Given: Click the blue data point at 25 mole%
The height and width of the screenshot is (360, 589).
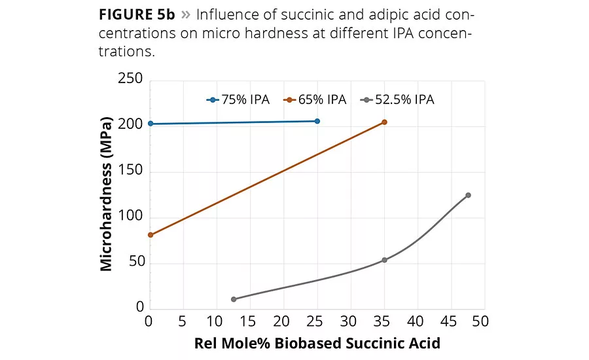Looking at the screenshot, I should pos(317,121).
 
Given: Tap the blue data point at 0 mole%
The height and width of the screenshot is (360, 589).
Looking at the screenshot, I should pos(151,124).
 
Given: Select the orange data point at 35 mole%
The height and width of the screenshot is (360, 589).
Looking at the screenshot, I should pos(384,122).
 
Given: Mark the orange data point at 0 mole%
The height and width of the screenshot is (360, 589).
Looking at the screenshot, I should pos(151,234).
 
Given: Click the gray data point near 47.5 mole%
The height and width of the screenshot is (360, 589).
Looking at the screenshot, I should pos(468,195).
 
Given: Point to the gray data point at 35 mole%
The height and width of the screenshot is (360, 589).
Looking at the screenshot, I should pos(384,260).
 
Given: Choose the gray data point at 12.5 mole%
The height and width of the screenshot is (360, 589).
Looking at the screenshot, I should pos(234,299).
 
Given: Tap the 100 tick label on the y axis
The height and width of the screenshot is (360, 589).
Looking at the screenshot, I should pos(130,217).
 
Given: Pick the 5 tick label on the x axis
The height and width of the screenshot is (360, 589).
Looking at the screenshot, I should pos(183,321).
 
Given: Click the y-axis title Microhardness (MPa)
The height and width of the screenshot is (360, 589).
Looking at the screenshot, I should pos(106,194).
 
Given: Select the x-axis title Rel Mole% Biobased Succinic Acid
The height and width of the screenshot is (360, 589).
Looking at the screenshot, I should pos(317,343).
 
